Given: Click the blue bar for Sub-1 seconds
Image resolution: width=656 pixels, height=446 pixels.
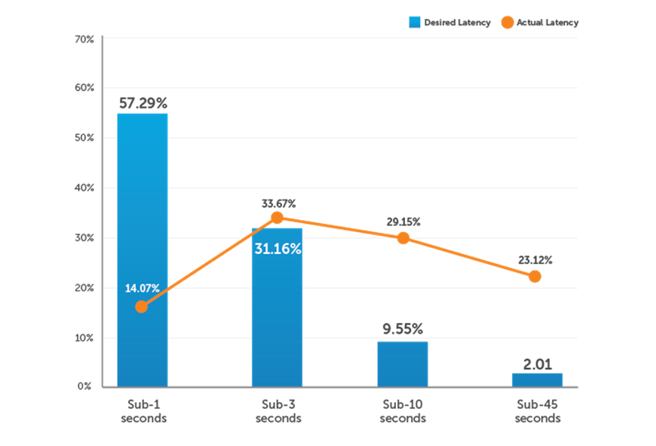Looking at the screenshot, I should [x=143, y=250].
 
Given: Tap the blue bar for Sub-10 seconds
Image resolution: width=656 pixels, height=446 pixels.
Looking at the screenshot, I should [x=403, y=363].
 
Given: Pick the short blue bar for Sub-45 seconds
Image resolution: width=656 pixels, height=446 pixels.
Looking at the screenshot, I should [x=538, y=379].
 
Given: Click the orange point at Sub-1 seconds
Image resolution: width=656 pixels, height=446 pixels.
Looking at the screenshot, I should [x=141, y=306].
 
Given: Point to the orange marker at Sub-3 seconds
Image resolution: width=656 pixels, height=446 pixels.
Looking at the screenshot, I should [x=278, y=218].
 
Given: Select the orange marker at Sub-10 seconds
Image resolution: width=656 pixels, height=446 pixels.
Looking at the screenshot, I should [x=403, y=237].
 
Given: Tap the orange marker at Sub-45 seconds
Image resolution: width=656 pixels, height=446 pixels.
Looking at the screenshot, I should [x=535, y=276].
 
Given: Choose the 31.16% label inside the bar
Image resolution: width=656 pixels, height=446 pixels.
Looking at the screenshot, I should [x=278, y=248].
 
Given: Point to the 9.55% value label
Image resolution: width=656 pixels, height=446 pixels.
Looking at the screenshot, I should [x=403, y=328].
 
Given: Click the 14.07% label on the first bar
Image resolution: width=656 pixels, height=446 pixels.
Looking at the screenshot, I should [x=142, y=288].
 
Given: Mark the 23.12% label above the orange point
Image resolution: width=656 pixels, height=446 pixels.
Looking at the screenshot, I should [x=535, y=259].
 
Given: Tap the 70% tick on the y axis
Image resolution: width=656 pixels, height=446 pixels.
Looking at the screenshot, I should [x=84, y=39].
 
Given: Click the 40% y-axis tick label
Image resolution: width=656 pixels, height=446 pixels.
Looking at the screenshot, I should [x=84, y=187].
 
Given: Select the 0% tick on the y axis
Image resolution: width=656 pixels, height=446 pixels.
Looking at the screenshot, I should [x=84, y=386].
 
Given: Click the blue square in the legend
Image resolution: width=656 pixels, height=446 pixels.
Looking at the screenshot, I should [x=414, y=22].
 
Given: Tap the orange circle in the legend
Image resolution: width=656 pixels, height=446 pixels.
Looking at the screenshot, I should [x=507, y=22].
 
